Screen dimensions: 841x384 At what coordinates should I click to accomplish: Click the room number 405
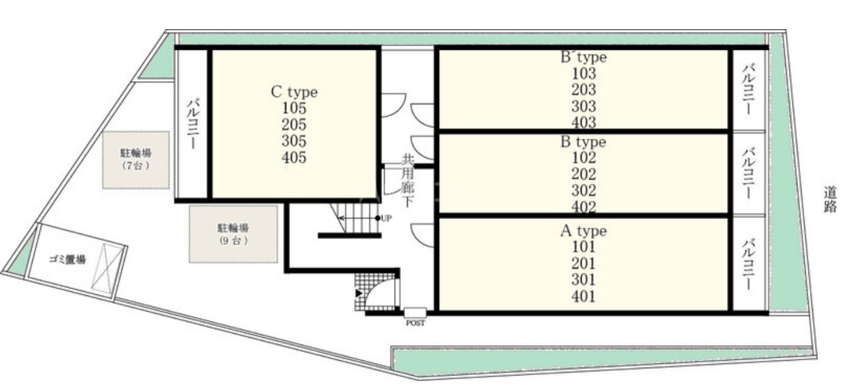[294, 158]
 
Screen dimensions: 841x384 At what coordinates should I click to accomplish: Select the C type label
[294, 92]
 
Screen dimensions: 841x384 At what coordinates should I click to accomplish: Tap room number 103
[583, 73]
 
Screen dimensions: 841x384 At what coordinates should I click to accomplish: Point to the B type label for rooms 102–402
[583, 142]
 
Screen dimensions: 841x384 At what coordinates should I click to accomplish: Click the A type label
[583, 231]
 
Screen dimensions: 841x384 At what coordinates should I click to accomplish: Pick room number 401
[583, 297]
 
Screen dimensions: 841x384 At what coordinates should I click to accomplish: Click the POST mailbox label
[415, 323]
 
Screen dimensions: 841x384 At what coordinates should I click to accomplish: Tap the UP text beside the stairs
[386, 218]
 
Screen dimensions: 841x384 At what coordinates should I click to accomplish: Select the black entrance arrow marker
[359, 293]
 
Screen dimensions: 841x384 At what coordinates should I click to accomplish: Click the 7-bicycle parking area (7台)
[136, 160]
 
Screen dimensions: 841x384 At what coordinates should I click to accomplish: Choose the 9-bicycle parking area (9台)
[233, 234]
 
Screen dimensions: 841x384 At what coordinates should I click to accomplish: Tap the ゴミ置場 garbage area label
[67, 259]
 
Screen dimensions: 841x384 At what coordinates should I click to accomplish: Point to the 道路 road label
[830, 200]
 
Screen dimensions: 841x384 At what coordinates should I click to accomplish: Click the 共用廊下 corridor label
[407, 180]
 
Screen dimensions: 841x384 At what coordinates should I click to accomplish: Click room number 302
[583, 190]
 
